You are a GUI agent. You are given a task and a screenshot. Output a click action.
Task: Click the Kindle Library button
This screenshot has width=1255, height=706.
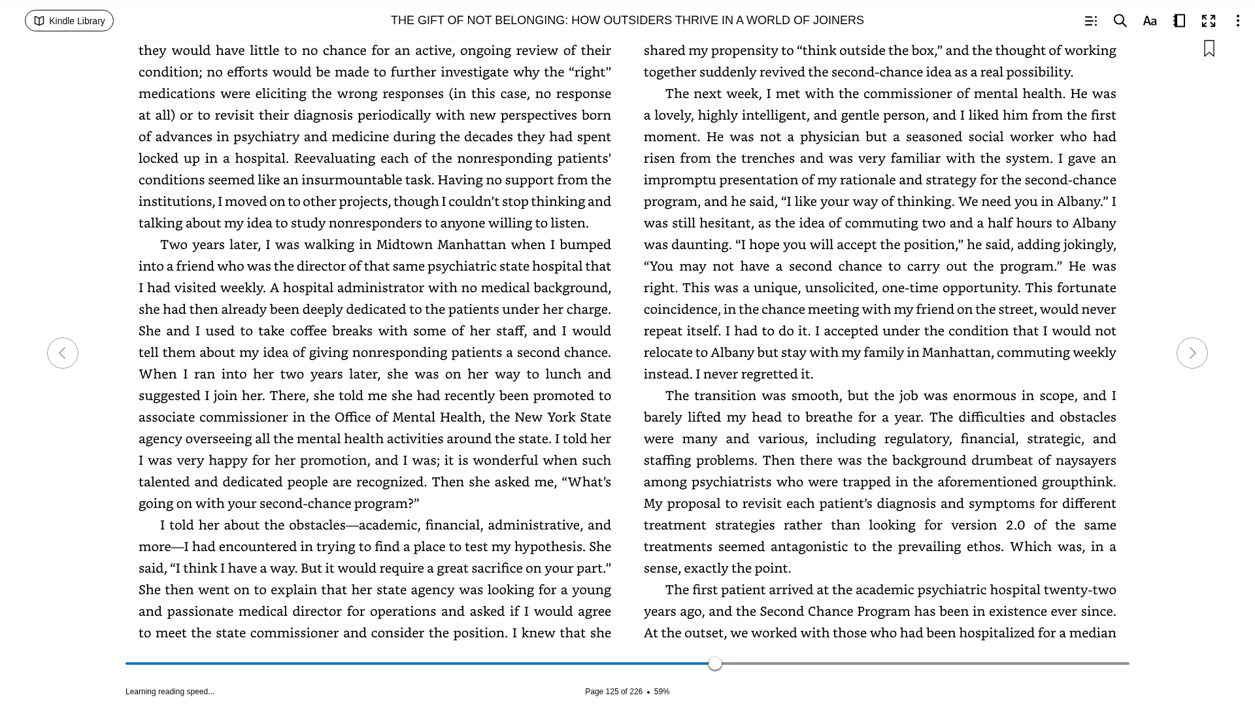click(69, 21)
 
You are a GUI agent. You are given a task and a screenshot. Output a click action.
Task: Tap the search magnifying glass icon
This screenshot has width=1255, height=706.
click(1120, 21)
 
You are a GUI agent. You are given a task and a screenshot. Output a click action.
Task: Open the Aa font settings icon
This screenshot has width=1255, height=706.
click(1150, 21)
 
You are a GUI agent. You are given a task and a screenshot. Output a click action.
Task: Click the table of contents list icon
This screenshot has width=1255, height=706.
click(1090, 21)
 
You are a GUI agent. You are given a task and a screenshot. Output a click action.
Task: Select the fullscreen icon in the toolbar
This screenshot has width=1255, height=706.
click(1209, 21)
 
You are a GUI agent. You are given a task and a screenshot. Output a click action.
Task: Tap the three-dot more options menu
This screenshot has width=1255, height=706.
click(1237, 21)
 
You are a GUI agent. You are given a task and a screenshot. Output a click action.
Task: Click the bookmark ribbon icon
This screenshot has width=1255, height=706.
click(1209, 49)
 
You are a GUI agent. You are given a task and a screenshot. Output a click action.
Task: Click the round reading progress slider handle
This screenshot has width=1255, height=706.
click(715, 664)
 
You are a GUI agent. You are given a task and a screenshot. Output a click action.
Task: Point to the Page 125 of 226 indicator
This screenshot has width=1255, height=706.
click(613, 692)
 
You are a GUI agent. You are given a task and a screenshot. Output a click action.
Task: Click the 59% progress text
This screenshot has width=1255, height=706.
click(661, 692)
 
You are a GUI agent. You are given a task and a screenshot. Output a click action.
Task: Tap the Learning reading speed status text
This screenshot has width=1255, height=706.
click(170, 692)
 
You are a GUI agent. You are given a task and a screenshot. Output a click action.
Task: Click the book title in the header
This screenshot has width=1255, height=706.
click(627, 20)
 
